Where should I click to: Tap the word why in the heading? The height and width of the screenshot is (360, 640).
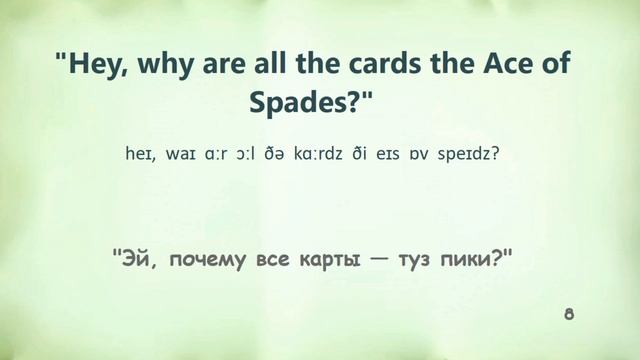(x=169, y=66)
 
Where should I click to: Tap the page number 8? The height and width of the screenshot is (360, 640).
(x=569, y=315)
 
